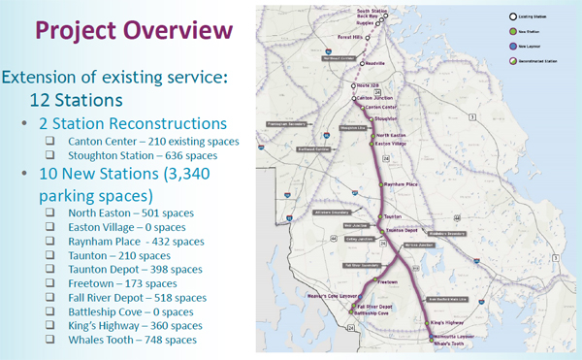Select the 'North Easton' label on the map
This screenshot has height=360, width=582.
tap(391, 135)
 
